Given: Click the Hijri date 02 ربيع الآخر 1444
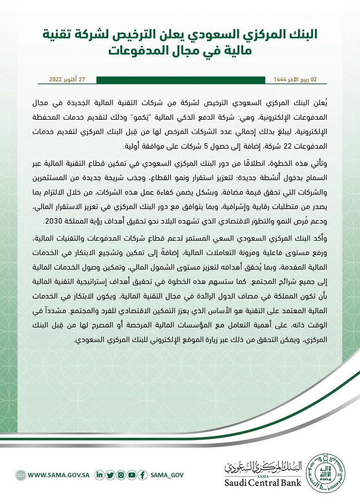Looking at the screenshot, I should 294,79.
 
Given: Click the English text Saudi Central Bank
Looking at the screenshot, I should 264,483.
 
